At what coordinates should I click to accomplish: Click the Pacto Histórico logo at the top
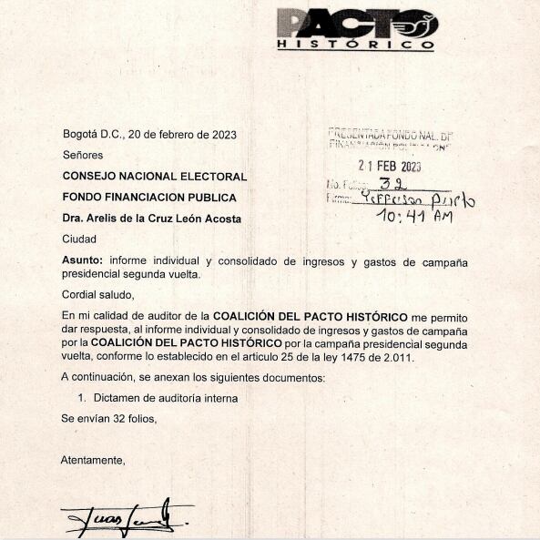click(x=356, y=28)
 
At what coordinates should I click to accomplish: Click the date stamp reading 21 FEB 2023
click(x=390, y=167)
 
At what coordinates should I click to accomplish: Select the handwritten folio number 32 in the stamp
click(x=397, y=183)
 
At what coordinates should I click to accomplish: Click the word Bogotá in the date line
click(x=82, y=135)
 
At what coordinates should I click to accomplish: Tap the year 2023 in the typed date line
click(x=223, y=135)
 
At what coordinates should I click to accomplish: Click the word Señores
click(x=82, y=155)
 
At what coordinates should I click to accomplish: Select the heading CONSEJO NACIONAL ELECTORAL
click(x=154, y=177)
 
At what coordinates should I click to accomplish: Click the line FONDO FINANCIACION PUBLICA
click(x=148, y=198)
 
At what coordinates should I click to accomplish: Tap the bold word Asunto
click(x=82, y=261)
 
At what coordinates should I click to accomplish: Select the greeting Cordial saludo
click(x=97, y=294)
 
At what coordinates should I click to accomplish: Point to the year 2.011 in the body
click(x=397, y=357)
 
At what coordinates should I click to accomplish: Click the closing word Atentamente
click(x=93, y=460)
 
